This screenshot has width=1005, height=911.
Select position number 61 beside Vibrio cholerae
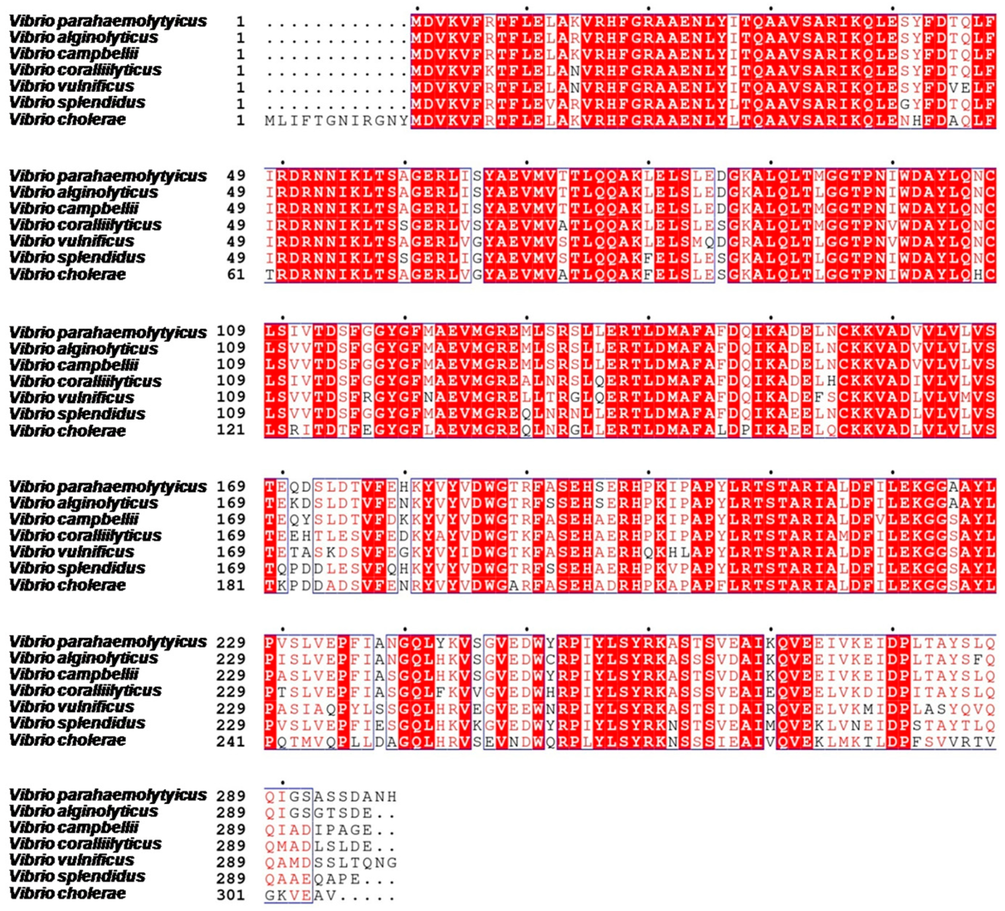[236, 274]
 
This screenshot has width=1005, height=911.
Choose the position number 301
[231, 895]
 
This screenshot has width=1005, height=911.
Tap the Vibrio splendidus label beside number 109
[77, 413]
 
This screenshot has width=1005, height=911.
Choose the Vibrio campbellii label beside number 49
[74, 208]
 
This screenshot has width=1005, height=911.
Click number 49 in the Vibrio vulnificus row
[236, 241]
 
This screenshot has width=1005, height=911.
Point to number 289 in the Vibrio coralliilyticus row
[231, 846]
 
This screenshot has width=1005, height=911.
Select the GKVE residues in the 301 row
[288, 895]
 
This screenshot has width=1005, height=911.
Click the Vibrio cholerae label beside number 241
[67, 740]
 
